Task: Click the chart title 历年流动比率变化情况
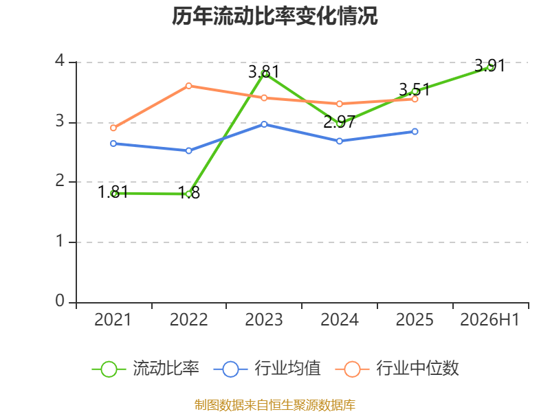point(274,16)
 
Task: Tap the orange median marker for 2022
point(188,86)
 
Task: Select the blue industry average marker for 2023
point(264,124)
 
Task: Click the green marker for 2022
point(188,194)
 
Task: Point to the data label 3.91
point(489,65)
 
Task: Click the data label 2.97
point(339,122)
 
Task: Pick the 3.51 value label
point(415,90)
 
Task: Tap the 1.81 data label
point(113,192)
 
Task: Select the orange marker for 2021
point(113,128)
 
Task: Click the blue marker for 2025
point(415,131)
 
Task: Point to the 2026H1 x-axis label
point(489,319)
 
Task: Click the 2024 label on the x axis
point(340,319)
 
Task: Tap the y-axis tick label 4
point(60,60)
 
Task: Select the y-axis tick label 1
point(60,241)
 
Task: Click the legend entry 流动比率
point(146,369)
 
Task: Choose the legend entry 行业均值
point(267,369)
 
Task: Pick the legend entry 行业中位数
point(397,369)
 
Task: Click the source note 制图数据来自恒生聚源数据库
point(275,404)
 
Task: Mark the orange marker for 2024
point(340,104)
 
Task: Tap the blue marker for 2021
point(113,144)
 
